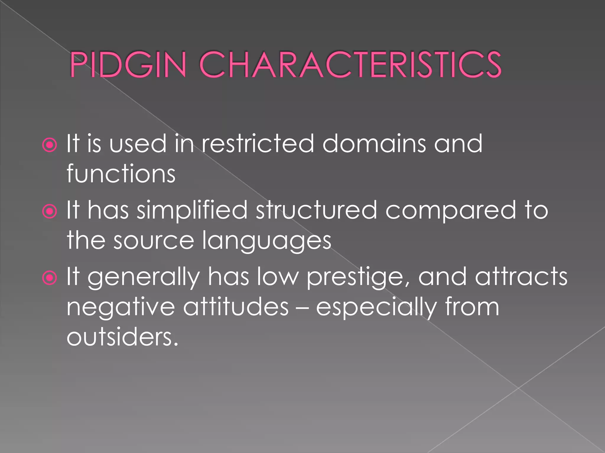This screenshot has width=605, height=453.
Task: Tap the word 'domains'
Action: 374,144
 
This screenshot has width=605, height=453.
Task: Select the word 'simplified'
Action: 192,211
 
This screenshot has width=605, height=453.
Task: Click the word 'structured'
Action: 316,211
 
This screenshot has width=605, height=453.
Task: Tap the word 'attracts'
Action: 521,277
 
